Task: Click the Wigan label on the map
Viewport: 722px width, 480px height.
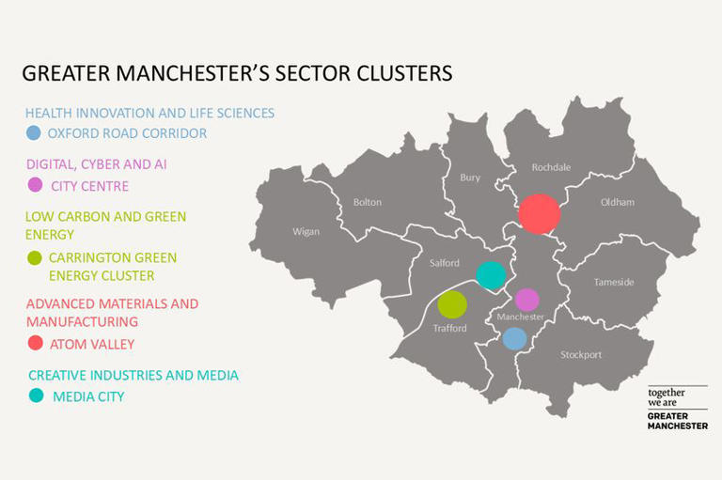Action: [306, 232]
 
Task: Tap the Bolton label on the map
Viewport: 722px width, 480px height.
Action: [367, 202]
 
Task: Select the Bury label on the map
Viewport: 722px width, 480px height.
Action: [470, 178]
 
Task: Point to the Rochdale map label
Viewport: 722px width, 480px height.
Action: [551, 168]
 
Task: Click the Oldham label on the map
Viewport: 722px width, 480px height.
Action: [618, 202]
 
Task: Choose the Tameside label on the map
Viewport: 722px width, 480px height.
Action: [614, 283]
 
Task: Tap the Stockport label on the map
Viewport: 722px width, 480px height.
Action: [580, 355]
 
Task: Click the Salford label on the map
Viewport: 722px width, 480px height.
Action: [445, 264]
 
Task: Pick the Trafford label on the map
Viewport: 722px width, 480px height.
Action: [449, 329]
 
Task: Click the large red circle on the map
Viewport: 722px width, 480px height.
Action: [540, 213]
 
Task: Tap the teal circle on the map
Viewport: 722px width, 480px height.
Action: [490, 275]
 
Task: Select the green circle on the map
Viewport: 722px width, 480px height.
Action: [452, 304]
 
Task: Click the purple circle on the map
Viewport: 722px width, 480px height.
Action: [527, 300]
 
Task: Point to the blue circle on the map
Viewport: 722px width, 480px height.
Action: [513, 338]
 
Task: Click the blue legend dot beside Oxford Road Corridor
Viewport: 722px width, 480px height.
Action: [34, 133]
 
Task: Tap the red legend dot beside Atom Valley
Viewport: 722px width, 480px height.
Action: [35, 344]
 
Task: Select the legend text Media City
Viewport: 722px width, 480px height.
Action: [88, 396]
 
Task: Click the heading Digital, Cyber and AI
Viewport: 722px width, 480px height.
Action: [97, 164]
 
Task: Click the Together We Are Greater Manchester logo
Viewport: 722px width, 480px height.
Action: [677, 408]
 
